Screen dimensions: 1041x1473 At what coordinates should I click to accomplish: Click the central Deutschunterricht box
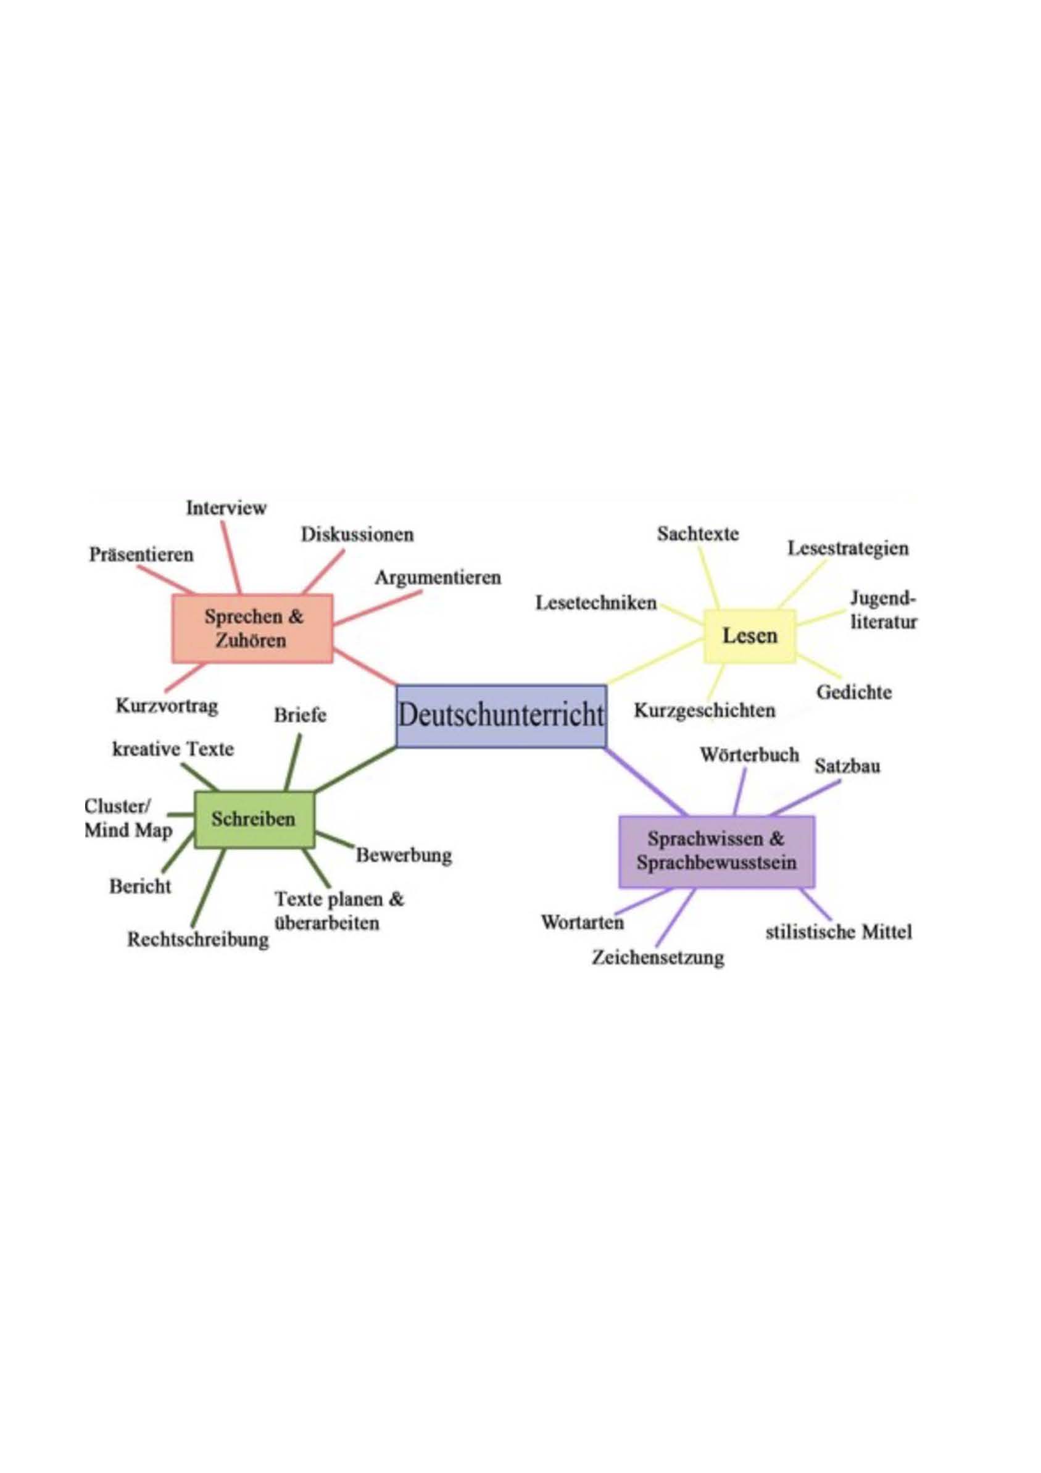pos(501,716)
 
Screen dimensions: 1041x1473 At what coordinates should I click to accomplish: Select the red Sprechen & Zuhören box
pos(253,628)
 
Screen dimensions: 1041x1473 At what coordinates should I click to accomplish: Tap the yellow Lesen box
pos(750,635)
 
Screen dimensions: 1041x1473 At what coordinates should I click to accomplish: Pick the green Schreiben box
pos(254,819)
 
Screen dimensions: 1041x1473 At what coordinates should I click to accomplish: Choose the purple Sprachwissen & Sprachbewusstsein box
pos(716,851)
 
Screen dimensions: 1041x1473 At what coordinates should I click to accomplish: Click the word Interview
pos(226,507)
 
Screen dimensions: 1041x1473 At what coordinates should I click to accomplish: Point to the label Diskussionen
pos(357,535)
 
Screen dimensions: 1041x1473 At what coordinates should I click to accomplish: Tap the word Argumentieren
pos(438,577)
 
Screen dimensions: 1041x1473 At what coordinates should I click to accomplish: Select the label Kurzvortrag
pos(167,706)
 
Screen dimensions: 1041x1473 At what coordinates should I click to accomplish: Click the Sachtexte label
pos(698,534)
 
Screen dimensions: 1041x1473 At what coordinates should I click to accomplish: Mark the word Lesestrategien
pos(848,549)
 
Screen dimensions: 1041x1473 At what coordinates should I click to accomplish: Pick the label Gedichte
pos(853,692)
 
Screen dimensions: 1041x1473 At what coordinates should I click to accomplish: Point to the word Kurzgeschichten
pos(704,710)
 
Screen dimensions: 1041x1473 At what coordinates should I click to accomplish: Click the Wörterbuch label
pos(749,754)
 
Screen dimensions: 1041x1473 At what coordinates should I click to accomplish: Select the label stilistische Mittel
pos(839,932)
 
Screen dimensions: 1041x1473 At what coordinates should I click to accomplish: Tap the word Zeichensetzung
pos(657,957)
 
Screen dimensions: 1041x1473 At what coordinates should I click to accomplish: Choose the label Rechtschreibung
pos(197,939)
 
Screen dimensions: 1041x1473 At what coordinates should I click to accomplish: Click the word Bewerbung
pos(404,855)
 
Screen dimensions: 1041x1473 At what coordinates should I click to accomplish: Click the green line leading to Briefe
pos(292,762)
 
